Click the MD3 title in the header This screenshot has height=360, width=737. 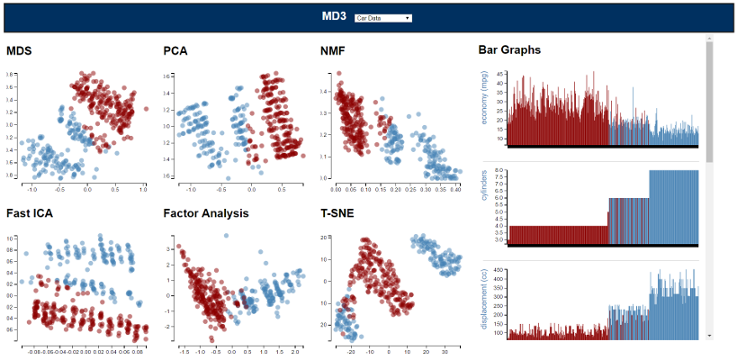tap(335, 16)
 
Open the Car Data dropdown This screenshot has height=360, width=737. tap(383, 18)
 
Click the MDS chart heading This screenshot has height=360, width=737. tap(19, 50)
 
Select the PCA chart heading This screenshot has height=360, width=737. tap(175, 50)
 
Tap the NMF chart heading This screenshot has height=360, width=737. tap(333, 50)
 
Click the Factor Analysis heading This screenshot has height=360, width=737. tap(206, 213)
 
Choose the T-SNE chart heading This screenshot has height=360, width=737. tap(338, 213)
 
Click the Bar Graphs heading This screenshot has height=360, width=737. tap(509, 50)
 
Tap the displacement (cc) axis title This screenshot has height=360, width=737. tap(485, 302)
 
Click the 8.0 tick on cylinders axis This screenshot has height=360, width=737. tap(500, 171)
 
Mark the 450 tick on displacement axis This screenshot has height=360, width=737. tap(501, 270)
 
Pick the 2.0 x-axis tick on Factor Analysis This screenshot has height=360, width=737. tap(295, 353)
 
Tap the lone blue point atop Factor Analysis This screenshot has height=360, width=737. tap(226, 236)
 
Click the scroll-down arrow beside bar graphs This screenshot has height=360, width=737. tap(709, 335)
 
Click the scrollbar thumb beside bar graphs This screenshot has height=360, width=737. tap(709, 99)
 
